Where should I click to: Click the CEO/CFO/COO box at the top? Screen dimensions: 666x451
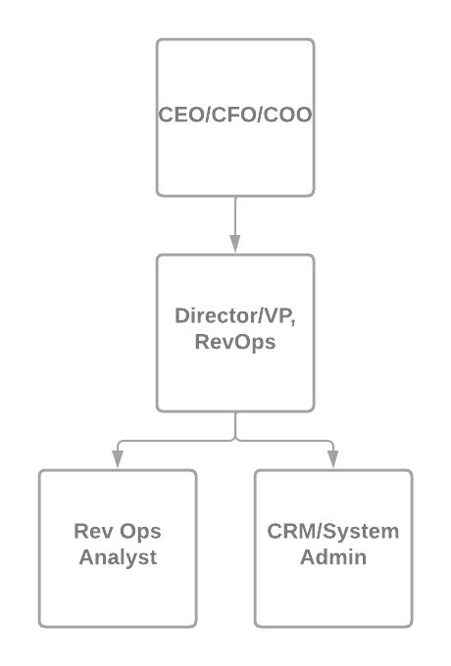click(x=235, y=157)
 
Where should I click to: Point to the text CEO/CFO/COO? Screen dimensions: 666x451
click(x=235, y=115)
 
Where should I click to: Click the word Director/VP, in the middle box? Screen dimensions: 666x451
click(x=235, y=316)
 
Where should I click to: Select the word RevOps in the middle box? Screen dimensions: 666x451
click(x=235, y=342)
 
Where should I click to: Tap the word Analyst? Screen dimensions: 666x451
click(x=118, y=558)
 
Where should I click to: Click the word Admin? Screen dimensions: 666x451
click(x=333, y=558)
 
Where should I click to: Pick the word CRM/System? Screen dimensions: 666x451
click(x=333, y=532)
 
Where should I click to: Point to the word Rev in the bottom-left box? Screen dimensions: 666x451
click(x=90, y=532)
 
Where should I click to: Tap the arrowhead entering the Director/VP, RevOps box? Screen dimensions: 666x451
click(x=235, y=246)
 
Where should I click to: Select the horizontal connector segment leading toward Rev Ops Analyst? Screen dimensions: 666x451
click(x=176, y=441)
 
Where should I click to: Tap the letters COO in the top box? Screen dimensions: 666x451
click(x=290, y=115)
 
